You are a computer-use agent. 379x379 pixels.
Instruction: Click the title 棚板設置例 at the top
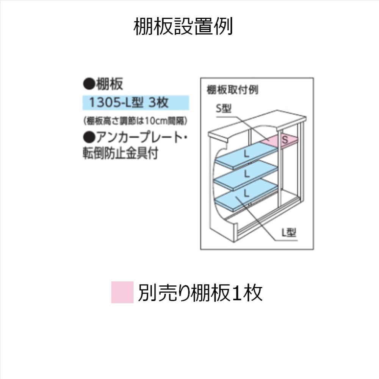pos(183,27)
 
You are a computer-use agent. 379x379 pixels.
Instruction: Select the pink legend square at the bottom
pos(122,292)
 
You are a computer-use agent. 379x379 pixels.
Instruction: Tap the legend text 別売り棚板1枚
pos(200,292)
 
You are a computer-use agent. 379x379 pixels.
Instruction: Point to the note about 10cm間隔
pos(135,121)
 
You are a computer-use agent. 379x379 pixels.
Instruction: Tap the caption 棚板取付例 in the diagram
pos(232,90)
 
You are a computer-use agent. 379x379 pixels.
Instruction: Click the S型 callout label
pos(224,109)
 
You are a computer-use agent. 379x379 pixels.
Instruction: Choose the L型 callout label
pos(288,233)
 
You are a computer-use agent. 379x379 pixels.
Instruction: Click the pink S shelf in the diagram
pos(280,140)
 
